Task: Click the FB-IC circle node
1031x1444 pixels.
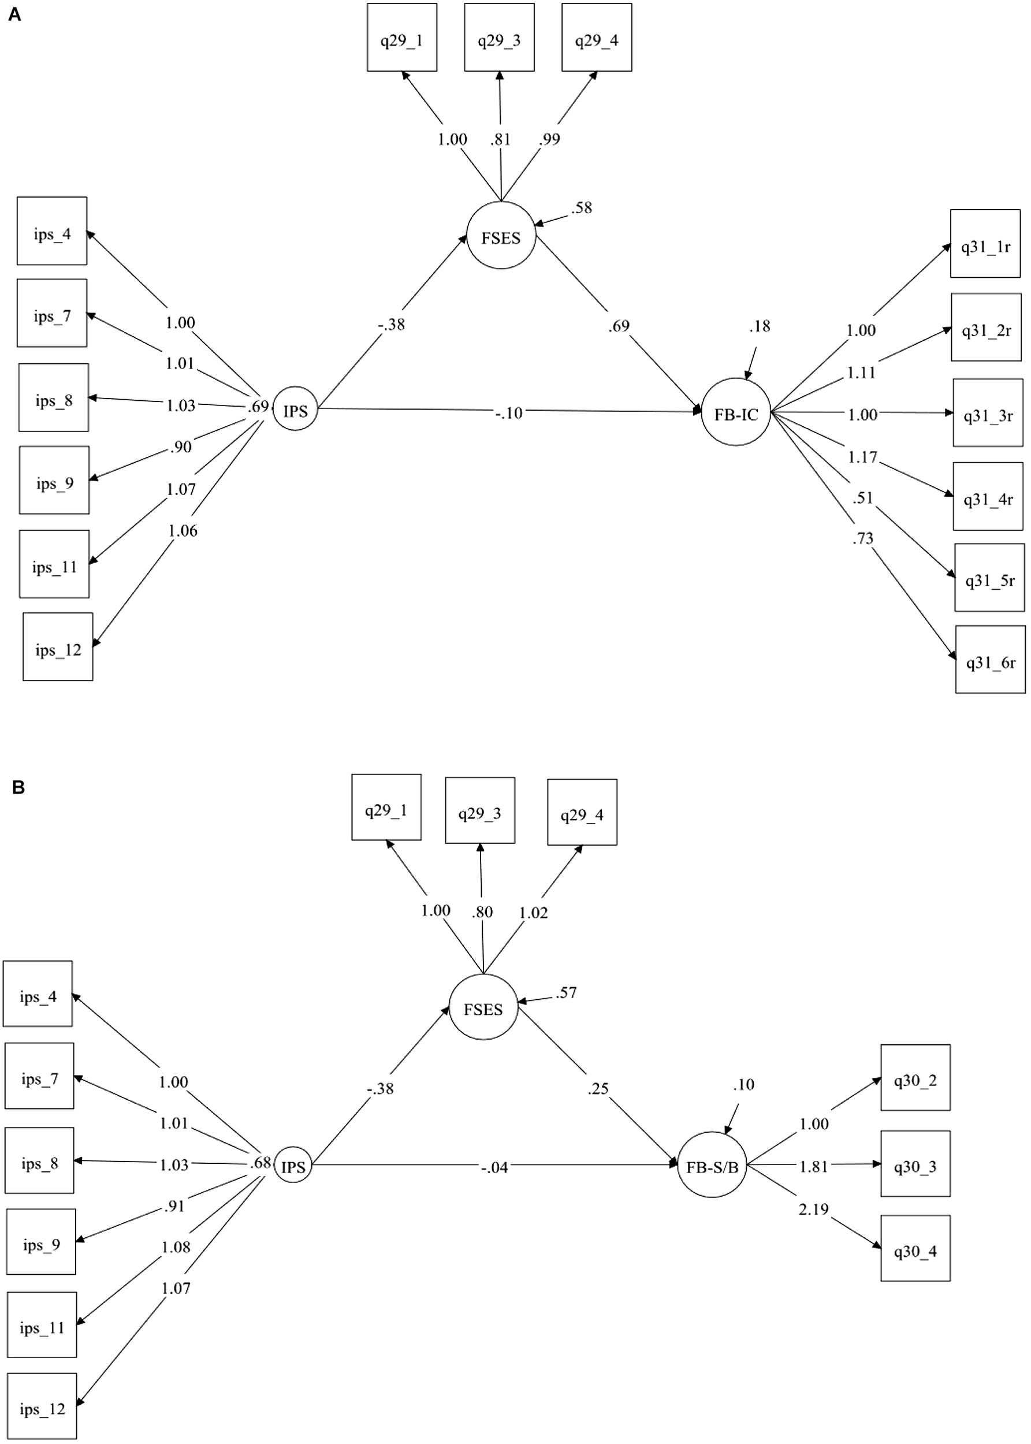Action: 735,412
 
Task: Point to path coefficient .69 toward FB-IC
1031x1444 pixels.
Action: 619,326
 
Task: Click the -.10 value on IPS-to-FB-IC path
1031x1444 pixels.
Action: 509,413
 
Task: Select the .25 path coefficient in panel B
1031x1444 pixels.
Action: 598,1089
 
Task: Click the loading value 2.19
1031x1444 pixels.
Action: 813,1210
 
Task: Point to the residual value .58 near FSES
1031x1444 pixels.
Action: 581,208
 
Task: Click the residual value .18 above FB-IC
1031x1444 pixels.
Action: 760,326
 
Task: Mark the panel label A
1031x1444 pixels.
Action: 14,14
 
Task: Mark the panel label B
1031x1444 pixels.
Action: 18,788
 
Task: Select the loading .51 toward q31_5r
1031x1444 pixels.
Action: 863,498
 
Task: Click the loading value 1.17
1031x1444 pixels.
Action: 862,457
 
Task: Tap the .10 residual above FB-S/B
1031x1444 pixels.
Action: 743,1085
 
